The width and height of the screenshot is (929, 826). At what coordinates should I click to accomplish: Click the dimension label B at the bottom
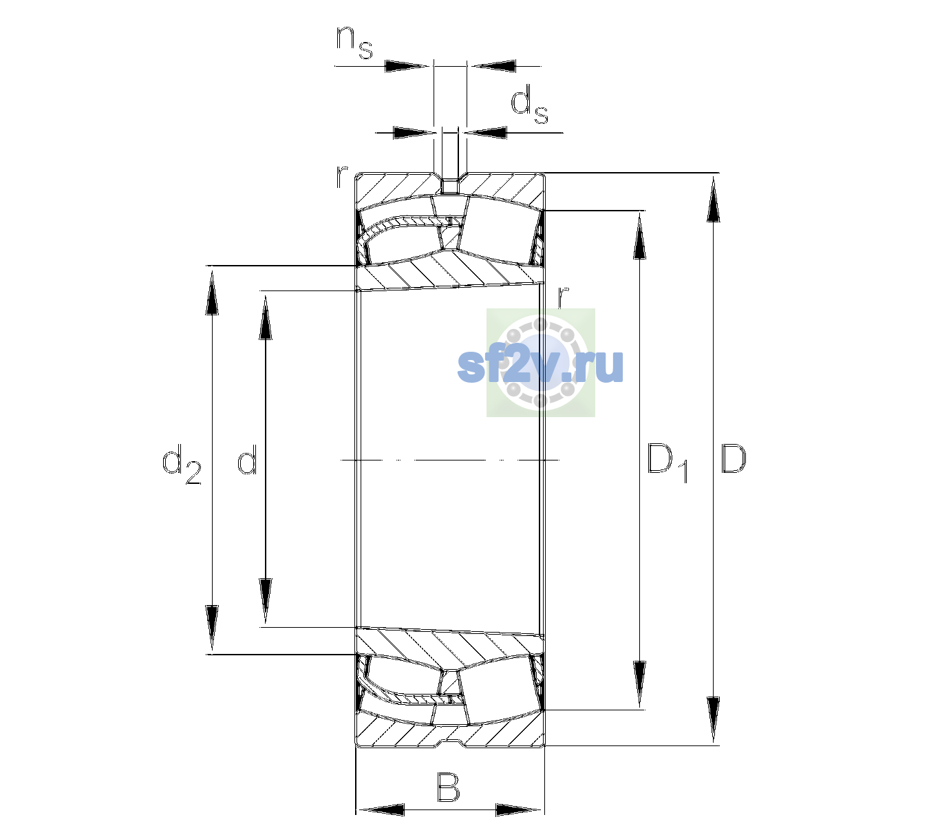coord(448,787)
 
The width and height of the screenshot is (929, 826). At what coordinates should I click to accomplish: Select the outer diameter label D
coord(733,458)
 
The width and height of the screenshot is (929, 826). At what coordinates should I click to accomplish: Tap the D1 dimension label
coord(668,463)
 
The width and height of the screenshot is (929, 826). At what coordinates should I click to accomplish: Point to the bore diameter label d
coord(247,458)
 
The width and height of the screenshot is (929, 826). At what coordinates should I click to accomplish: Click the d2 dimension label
coord(182,464)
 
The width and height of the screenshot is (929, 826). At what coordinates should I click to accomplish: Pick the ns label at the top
coord(354,43)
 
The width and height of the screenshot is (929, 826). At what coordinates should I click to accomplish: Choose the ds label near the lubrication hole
coord(529,105)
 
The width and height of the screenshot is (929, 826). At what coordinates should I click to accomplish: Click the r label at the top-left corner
coord(341,177)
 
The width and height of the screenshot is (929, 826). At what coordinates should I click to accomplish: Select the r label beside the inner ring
coord(563,297)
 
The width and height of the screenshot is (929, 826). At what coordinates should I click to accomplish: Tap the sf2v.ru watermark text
coord(541,366)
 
